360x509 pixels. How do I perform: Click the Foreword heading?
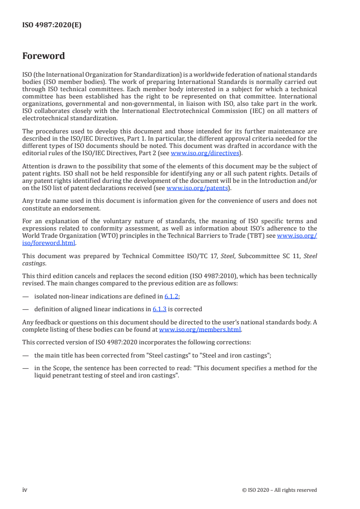point(44,56)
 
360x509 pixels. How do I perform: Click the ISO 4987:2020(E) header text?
point(52,25)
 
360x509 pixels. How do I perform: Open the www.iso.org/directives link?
point(204,153)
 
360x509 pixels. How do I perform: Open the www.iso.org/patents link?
point(197,188)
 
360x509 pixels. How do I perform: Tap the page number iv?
point(25,490)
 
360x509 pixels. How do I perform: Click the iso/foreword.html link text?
point(49,242)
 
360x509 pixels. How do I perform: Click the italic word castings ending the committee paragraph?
point(33,263)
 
